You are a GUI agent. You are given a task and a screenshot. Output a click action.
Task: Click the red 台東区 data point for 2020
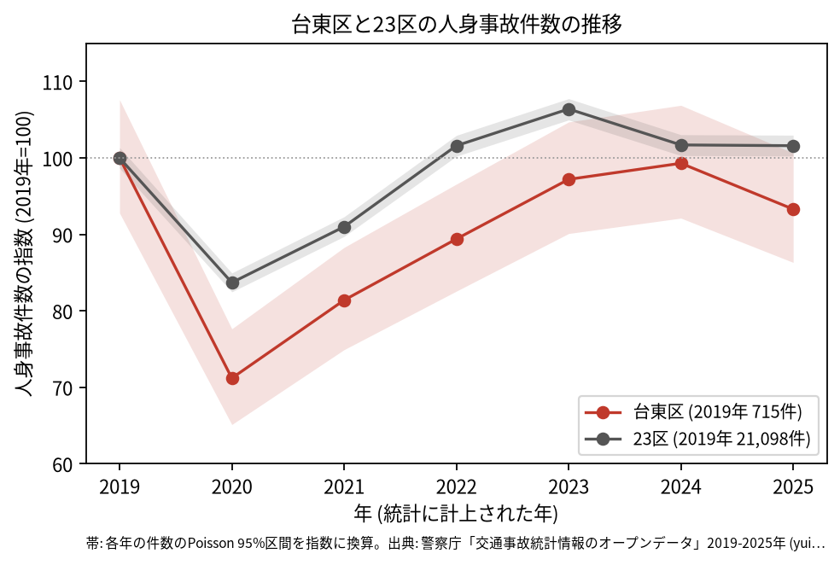coord(232,379)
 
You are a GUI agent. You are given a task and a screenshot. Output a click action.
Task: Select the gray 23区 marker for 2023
coord(569,110)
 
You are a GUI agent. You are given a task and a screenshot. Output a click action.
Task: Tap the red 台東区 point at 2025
coord(793,209)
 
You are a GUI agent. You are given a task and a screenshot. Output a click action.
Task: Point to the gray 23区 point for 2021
coord(345,228)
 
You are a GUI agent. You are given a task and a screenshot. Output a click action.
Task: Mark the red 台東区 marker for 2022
coord(457,239)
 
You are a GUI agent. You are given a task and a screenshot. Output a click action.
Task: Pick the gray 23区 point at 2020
coord(232,282)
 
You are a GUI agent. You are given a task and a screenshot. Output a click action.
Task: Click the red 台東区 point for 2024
coord(681,163)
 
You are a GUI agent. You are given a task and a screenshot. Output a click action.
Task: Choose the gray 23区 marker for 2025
coord(793,146)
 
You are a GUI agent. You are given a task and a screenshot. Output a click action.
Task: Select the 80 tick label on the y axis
coord(62,312)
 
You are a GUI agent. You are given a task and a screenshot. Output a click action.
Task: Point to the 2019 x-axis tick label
coord(120,486)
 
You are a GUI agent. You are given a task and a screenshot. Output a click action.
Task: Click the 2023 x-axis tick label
coord(569,486)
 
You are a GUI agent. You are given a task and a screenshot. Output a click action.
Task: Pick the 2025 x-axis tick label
coord(793,486)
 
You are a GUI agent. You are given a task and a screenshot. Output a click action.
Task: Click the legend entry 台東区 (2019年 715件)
coord(717,412)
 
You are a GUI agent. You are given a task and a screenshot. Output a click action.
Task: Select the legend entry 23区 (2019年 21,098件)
coord(721,439)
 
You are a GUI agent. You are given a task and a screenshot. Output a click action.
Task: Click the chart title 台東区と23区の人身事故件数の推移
coord(457,24)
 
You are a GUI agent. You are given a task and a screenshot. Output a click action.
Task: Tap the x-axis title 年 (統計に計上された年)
coord(457,514)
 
